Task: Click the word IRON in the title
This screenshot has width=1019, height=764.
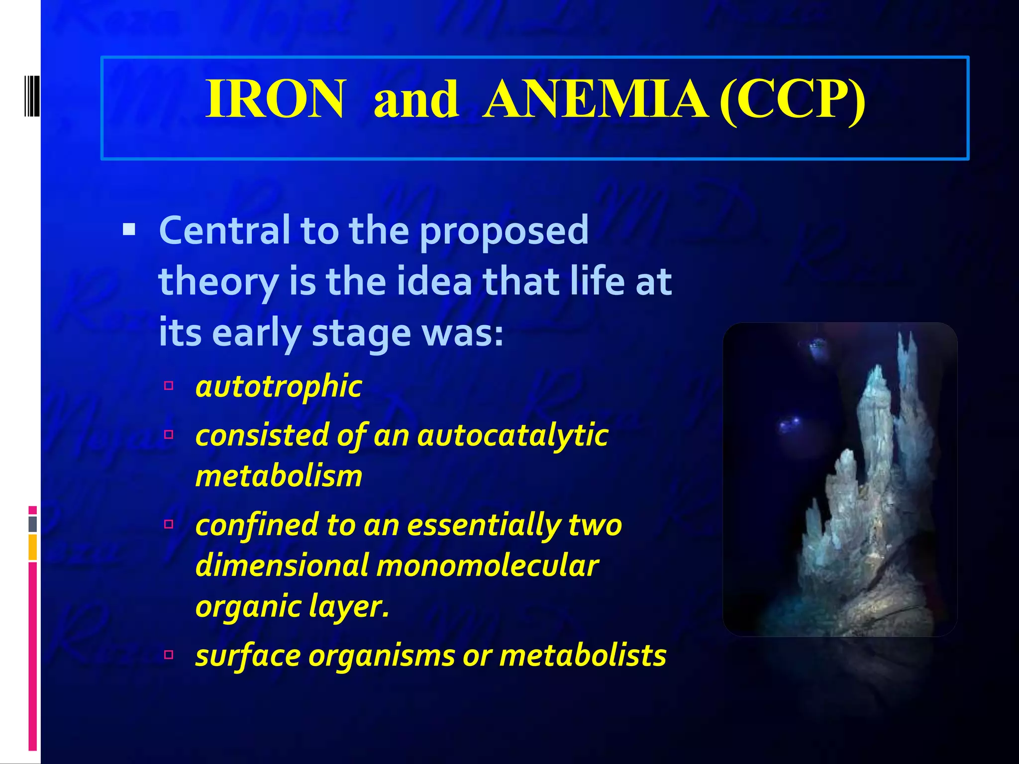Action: (275, 99)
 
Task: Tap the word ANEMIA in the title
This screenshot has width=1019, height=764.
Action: (596, 99)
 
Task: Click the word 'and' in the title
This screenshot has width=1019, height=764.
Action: (415, 99)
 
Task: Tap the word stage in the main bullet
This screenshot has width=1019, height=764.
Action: (362, 333)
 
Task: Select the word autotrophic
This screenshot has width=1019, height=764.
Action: (279, 386)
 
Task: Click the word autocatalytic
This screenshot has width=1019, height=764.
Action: (512, 435)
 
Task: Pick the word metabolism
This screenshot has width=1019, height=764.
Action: (279, 476)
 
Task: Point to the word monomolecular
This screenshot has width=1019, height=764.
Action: (488, 566)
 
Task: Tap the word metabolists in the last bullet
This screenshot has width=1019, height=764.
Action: (583, 655)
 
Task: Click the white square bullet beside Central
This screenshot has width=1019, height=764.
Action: (129, 229)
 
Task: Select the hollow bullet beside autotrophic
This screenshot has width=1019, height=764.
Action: (169, 385)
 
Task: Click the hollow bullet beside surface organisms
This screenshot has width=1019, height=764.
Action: (169, 654)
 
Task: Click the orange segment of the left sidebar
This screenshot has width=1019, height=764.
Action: (32, 547)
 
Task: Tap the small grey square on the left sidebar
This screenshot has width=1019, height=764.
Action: (33, 524)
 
